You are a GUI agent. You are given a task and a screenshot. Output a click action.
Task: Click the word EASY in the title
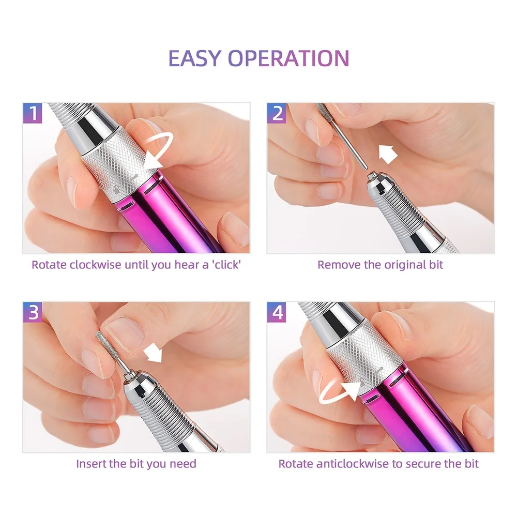click(194, 58)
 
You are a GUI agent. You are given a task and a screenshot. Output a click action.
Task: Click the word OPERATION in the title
click(288, 58)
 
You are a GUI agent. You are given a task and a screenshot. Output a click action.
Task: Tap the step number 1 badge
click(33, 113)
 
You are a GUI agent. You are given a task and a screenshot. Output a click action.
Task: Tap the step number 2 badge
click(277, 113)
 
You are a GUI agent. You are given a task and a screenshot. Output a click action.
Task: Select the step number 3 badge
click(33, 312)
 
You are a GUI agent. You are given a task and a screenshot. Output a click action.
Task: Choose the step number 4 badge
click(277, 312)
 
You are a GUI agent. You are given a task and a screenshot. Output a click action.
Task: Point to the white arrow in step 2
click(387, 154)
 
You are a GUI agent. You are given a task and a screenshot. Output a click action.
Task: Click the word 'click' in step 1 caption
click(226, 264)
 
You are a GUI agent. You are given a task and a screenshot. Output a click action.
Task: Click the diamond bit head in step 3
click(104, 342)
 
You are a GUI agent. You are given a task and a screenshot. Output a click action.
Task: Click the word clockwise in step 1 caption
click(95, 264)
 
